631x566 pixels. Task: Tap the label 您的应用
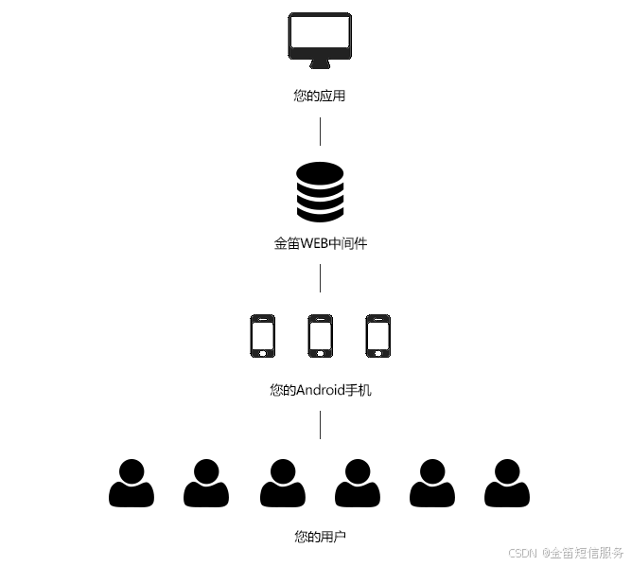(x=320, y=96)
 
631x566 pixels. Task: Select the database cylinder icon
(x=320, y=192)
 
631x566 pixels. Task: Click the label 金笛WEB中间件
(x=320, y=243)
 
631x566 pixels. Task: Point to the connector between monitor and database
(x=320, y=132)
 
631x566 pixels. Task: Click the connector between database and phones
(x=320, y=278)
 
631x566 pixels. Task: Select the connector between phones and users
(x=320, y=425)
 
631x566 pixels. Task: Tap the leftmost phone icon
(x=262, y=335)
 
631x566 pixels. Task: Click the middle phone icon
(x=320, y=335)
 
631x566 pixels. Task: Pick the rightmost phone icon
(x=377, y=335)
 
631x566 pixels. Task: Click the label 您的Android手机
(x=320, y=390)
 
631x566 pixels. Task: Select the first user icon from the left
(x=131, y=483)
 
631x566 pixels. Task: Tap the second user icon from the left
(x=206, y=483)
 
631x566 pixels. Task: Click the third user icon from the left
(x=282, y=483)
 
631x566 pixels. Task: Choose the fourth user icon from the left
(x=357, y=483)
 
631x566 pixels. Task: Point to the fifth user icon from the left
(x=431, y=483)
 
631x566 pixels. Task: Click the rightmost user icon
(x=507, y=483)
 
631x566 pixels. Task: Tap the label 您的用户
(x=320, y=537)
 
